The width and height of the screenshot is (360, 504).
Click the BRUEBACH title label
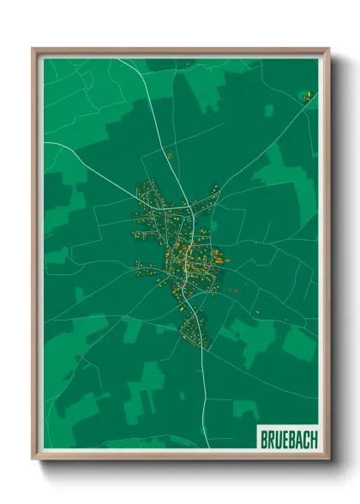[x=288, y=439]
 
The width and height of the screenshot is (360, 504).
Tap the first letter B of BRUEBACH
[x=264, y=439]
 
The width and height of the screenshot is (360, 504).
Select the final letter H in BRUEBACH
[x=313, y=439]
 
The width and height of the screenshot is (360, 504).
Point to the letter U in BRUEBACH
[x=278, y=439]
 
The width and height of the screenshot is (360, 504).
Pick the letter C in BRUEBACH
[x=306, y=439]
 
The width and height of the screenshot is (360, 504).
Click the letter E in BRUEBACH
[x=285, y=439]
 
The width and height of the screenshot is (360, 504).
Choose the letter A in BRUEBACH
[x=299, y=439]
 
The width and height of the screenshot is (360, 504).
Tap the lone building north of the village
[x=170, y=155]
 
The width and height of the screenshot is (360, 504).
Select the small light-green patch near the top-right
[x=268, y=111]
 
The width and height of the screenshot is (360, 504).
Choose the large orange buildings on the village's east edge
[x=217, y=255]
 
